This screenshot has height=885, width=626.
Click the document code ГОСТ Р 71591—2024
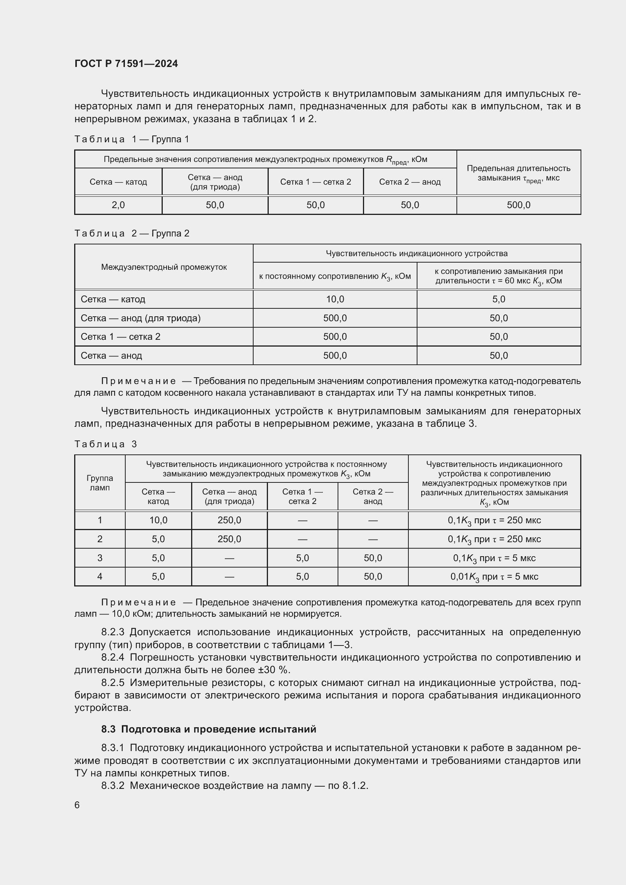(126, 64)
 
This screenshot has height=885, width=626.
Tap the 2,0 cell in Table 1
(118, 205)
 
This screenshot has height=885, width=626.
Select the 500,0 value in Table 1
(519, 205)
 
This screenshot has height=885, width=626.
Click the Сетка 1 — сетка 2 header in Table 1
(315, 182)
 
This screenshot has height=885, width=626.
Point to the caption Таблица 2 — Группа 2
(132, 233)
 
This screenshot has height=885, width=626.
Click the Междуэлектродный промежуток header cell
(164, 267)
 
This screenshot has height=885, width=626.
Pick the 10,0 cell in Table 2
(335, 299)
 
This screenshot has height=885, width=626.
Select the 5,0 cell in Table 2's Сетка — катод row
(498, 299)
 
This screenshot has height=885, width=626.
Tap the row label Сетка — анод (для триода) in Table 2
(140, 318)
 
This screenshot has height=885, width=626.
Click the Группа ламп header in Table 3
(100, 482)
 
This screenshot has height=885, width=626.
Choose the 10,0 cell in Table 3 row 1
(158, 520)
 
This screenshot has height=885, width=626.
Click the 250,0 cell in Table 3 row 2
(229, 539)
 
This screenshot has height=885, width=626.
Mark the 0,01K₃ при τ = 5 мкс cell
(494, 577)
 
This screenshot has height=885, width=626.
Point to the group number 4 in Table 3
(100, 577)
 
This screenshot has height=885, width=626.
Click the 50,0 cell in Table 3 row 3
(373, 558)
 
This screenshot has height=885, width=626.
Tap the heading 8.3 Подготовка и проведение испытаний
(209, 729)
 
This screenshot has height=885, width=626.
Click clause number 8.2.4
(112, 657)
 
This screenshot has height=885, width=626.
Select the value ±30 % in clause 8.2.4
(277, 670)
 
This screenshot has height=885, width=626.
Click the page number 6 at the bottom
(77, 805)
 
